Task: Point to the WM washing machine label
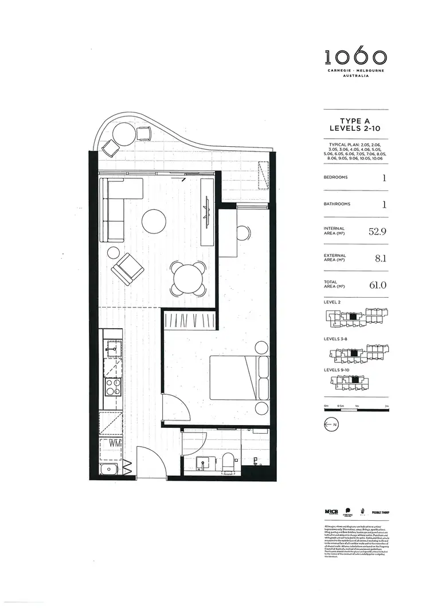114,443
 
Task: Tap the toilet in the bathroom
229,462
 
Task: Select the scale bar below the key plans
356,408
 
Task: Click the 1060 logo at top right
356,57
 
